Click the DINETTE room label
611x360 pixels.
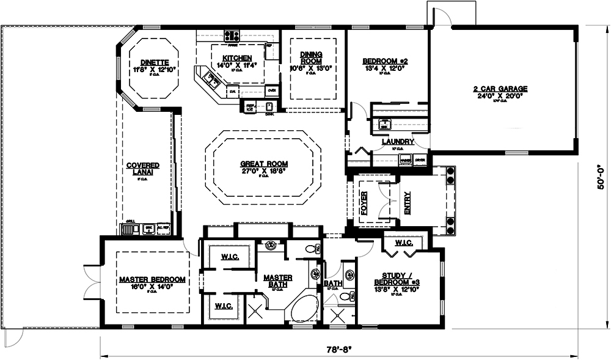154,62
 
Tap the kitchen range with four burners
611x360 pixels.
232,36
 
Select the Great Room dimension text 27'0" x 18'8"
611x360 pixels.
264,171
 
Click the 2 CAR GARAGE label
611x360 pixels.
500,89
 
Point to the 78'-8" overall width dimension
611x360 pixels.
340,351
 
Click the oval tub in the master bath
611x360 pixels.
304,309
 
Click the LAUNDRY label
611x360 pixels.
398,142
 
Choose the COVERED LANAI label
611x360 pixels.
143,169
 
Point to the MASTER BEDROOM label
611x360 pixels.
152,279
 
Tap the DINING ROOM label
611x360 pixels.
311,57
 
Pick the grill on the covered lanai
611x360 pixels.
130,229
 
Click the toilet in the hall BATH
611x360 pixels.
346,296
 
